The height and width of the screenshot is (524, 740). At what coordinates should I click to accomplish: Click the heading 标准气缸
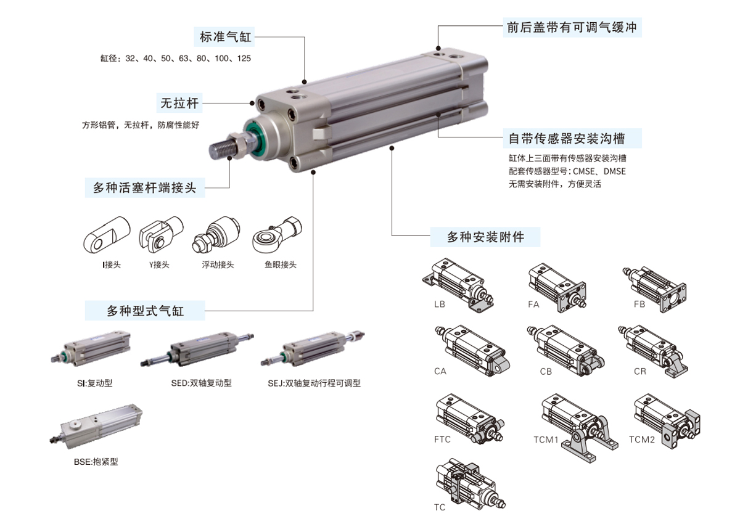(x=225, y=36)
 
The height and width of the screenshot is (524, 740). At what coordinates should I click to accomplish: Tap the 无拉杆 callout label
(x=179, y=103)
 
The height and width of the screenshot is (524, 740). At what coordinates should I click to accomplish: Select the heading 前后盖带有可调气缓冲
(x=572, y=27)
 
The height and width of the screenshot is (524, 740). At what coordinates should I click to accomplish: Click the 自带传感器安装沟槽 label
(x=567, y=138)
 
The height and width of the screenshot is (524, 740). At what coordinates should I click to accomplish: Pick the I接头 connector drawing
(x=107, y=235)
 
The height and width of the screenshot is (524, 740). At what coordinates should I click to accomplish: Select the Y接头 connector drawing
(x=161, y=233)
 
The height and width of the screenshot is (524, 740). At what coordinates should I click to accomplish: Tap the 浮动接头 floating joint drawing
(x=216, y=234)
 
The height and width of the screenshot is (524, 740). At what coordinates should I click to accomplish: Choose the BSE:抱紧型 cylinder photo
(x=96, y=426)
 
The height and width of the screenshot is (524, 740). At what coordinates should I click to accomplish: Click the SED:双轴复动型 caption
(x=202, y=383)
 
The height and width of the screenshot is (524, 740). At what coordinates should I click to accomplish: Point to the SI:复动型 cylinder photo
(x=91, y=348)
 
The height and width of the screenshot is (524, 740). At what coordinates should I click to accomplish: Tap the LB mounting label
(x=439, y=304)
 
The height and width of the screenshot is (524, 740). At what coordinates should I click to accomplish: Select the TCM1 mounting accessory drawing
(x=580, y=428)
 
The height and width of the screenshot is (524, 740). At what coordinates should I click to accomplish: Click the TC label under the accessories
(x=440, y=507)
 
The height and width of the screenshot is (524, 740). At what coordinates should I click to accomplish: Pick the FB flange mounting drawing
(x=655, y=289)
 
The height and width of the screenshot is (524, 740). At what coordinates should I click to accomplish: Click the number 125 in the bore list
(x=244, y=59)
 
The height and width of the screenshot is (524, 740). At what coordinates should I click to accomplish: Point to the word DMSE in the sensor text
(x=614, y=171)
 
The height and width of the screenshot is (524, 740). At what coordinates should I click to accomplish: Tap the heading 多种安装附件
(x=486, y=237)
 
